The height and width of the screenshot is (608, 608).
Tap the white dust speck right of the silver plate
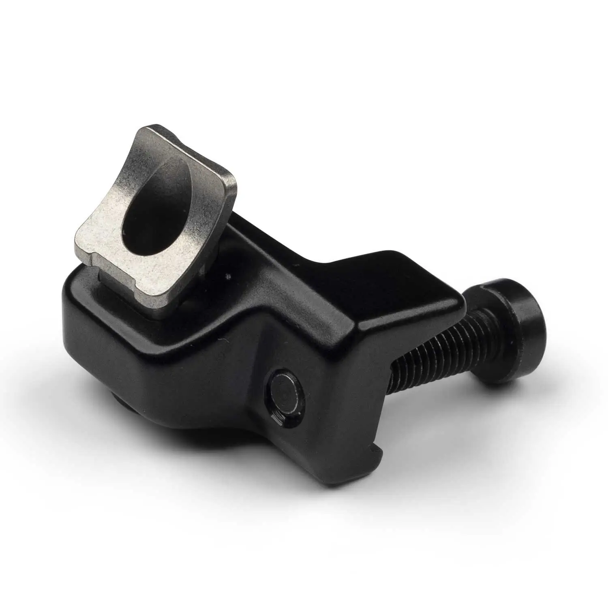point(230,277)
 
